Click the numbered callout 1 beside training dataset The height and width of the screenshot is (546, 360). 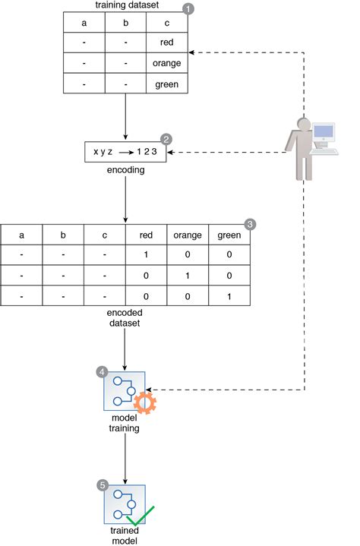click(x=188, y=9)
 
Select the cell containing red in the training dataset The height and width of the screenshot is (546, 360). click(x=166, y=43)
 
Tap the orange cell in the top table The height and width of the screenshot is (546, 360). click(x=166, y=64)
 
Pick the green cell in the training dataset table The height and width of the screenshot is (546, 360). click(x=166, y=84)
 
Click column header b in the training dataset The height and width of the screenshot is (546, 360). click(x=125, y=23)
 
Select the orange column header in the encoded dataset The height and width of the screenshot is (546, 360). click(x=187, y=235)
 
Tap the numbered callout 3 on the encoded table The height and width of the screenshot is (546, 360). click(x=249, y=225)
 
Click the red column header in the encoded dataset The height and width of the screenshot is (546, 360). click(x=146, y=235)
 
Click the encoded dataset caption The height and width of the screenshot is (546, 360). click(x=125, y=317)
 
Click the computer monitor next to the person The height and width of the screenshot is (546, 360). click(x=324, y=134)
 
